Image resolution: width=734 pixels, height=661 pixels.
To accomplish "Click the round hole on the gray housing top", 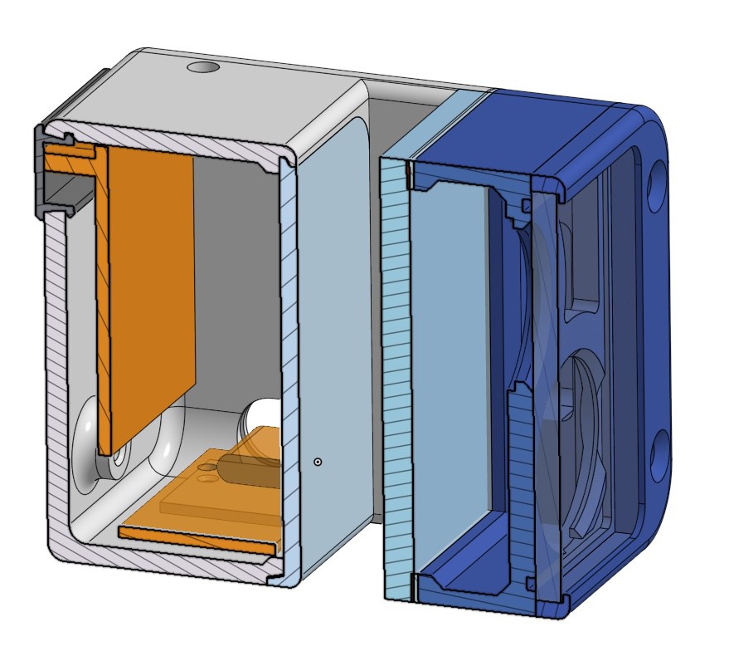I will pos(202,67).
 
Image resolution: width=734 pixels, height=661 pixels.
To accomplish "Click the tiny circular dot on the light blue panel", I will pos(317,461).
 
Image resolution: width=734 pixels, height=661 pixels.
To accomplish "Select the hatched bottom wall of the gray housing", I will pos(166,564).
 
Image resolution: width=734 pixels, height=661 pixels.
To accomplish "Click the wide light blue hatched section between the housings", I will pos(396,374).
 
